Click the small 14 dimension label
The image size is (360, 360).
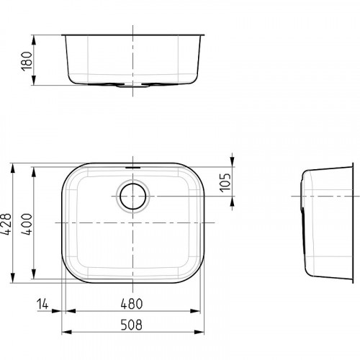coord(44,305)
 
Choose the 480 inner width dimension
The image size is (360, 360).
coord(134,305)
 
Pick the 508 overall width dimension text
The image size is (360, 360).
coord(134,323)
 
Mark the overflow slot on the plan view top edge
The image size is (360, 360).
coord(133,166)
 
